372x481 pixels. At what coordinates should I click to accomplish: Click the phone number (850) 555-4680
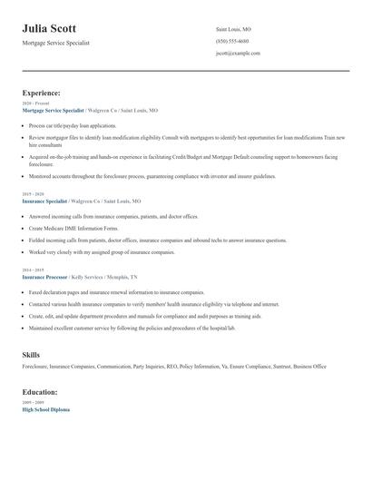click(x=232, y=42)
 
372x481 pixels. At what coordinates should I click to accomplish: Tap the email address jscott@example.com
click(x=238, y=54)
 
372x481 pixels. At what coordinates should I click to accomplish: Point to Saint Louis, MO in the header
click(x=233, y=30)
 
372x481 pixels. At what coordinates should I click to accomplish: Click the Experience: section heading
click(x=42, y=93)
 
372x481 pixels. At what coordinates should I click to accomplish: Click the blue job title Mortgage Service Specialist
click(x=54, y=109)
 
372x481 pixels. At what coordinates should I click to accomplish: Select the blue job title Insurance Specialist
click(x=44, y=201)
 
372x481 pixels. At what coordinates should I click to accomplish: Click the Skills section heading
click(x=31, y=354)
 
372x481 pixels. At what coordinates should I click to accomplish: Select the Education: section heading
click(x=40, y=392)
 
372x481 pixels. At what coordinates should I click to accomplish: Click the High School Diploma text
click(x=45, y=409)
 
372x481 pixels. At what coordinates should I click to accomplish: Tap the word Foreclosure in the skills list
click(x=35, y=366)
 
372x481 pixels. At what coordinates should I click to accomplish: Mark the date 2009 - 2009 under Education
click(x=32, y=403)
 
